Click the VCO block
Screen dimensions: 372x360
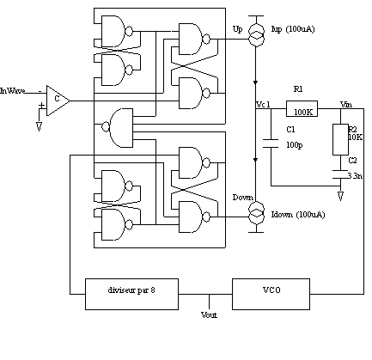coord(271,294)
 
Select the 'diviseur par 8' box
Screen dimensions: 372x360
coord(131,294)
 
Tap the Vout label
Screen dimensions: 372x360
coord(209,315)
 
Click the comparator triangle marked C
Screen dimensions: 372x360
coord(58,101)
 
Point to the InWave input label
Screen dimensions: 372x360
coord(12,91)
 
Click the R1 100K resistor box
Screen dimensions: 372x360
coord(302,108)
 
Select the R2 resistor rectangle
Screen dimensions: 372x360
coord(340,139)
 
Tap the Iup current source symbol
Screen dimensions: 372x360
coord(256,35)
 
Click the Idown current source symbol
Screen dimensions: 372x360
coord(256,212)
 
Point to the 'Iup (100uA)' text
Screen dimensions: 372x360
coord(293,29)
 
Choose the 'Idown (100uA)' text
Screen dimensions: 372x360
coord(298,215)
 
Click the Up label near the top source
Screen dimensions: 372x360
coord(237,29)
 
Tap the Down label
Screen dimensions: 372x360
coord(243,198)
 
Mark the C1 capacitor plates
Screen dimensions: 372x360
coord(271,143)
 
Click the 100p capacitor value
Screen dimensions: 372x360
coord(295,145)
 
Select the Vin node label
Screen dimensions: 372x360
coord(346,105)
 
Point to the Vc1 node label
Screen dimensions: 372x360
coord(263,105)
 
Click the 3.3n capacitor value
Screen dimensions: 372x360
coord(356,175)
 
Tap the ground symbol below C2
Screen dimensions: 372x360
coord(340,196)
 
